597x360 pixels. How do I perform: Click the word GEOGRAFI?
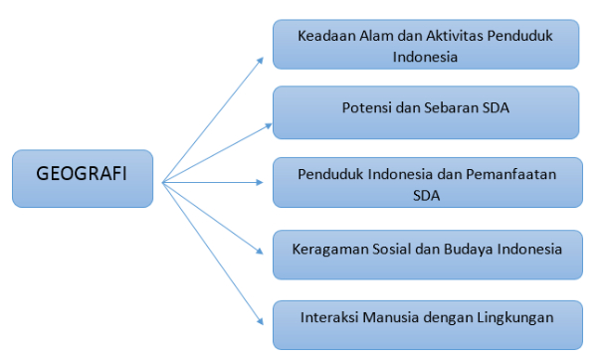pos(82,173)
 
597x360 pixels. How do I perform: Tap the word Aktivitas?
pos(455,36)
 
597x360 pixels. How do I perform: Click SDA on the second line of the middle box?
pos(427,196)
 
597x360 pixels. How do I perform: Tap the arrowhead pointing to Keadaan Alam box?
pos(261,60)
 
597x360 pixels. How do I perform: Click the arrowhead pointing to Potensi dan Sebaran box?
pos(269,126)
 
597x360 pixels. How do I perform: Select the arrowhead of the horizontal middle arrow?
pos(260,183)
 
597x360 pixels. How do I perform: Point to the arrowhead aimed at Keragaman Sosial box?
pos(260,251)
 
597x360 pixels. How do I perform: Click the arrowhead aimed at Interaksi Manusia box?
pos(261,321)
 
